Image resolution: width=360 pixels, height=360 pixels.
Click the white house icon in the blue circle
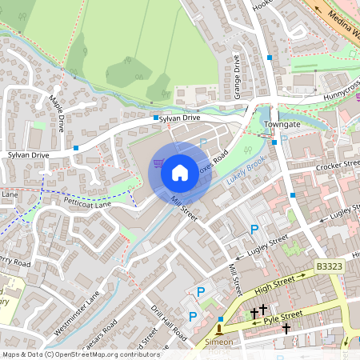180,172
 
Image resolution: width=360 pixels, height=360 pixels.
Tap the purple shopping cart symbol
159,164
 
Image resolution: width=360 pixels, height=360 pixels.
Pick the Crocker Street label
336,166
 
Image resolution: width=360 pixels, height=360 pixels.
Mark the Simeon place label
219,342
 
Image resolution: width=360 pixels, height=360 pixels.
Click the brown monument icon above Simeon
219,329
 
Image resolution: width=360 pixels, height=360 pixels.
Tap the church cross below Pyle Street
286,327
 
